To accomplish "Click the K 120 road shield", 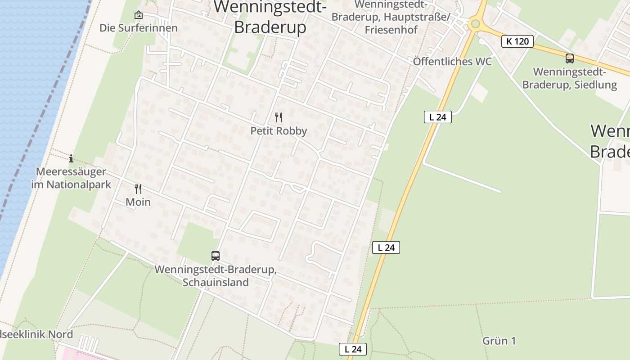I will click(x=517, y=41).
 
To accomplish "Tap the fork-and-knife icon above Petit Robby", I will click(x=279, y=117).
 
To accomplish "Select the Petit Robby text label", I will click(x=279, y=131).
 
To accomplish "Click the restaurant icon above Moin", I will click(x=138, y=189).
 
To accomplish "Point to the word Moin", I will click(x=138, y=202).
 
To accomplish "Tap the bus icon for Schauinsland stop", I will click(x=216, y=256).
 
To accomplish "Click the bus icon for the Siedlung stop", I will click(x=570, y=58).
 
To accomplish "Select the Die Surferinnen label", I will click(x=139, y=28).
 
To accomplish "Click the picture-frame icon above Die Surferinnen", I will click(x=139, y=15).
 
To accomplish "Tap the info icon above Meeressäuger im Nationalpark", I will click(x=71, y=158).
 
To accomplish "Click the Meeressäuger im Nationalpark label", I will click(x=71, y=178).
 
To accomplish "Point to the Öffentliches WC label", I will click(x=452, y=62).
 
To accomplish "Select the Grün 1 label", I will click(x=499, y=341).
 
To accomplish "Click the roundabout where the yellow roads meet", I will click(x=475, y=23).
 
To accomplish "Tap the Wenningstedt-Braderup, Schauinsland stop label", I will click(x=216, y=276).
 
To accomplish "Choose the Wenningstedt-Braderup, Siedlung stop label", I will click(x=569, y=78).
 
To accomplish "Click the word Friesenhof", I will click(x=391, y=30).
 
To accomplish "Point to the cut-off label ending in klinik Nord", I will click(x=36, y=335).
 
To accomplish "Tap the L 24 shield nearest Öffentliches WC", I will click(x=437, y=117).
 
